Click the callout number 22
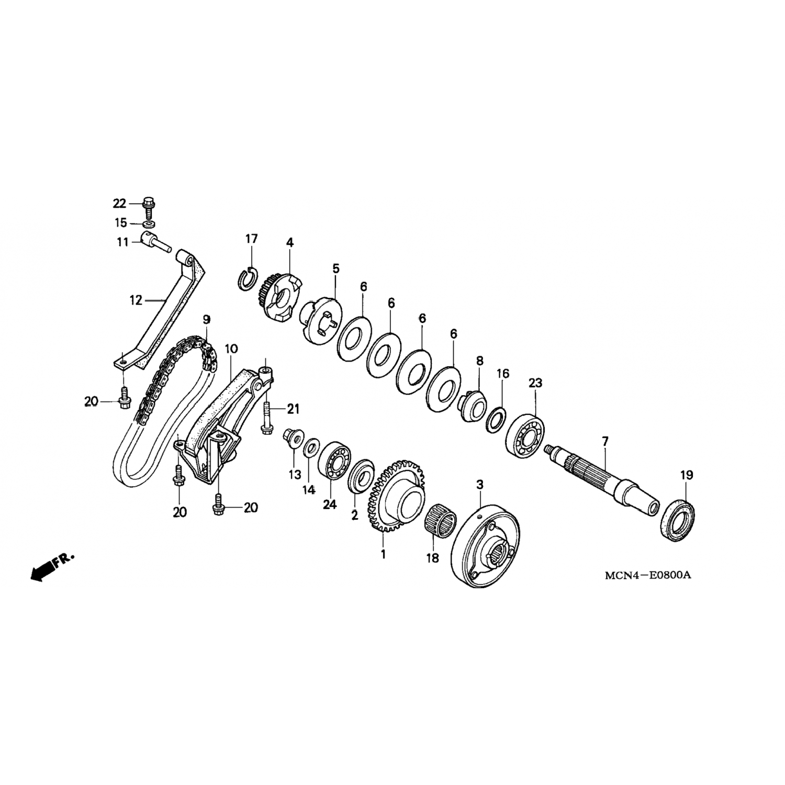tap(120, 203)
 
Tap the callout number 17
tap(252, 239)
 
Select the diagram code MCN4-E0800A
tap(648, 576)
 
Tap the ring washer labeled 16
tap(496, 419)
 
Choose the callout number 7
tap(605, 442)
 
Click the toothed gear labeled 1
tap(396, 494)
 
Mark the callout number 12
tap(136, 300)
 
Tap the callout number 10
tap(231, 349)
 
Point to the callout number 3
tap(479, 485)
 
